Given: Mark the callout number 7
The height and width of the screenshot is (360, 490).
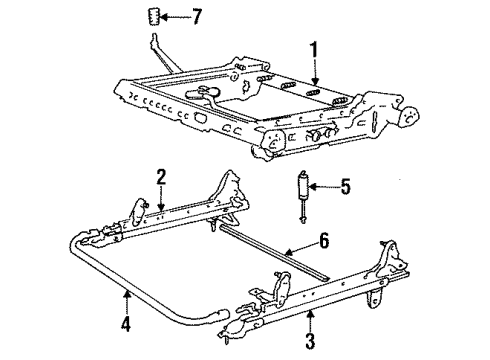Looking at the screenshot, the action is [198, 17].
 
